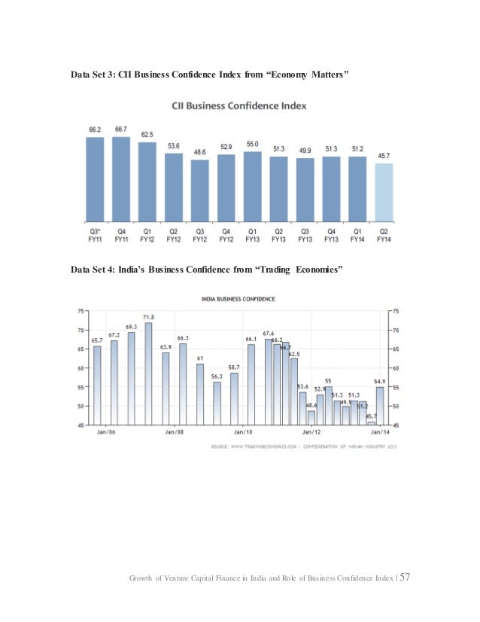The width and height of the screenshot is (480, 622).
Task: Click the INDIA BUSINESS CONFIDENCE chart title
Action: point(238,299)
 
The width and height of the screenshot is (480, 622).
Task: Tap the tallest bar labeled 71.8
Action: point(148,374)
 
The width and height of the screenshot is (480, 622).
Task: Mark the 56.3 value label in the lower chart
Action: point(217,376)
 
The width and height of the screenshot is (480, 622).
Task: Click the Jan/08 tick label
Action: point(175,433)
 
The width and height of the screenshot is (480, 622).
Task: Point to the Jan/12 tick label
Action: point(312,433)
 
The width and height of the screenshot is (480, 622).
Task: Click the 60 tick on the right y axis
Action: point(396,368)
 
